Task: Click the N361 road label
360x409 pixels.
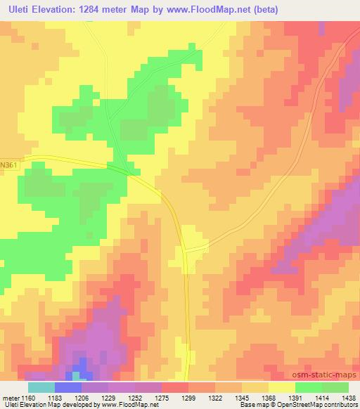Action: click(x=9, y=164)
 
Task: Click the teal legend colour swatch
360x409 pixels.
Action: click(x=41, y=387)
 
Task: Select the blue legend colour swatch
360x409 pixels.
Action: click(x=67, y=387)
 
